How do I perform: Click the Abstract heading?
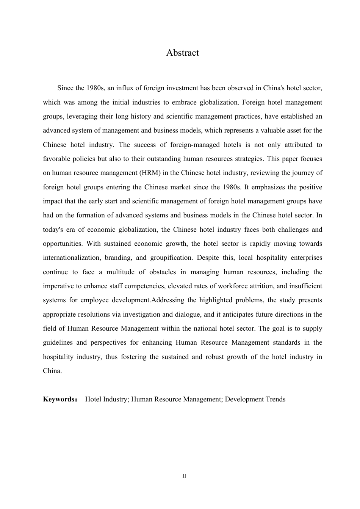(x=182, y=53)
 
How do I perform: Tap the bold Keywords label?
(x=59, y=399)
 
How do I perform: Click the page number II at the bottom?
(x=184, y=476)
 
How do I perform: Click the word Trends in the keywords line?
(x=275, y=399)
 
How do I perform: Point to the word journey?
(x=304, y=173)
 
